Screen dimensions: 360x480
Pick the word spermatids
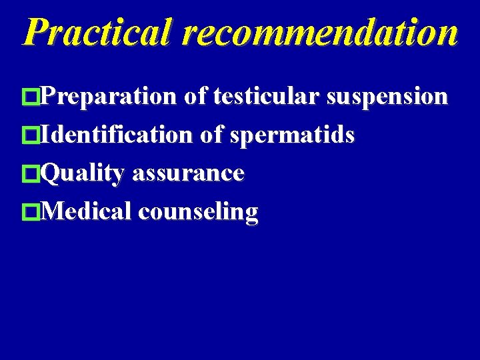click(292, 136)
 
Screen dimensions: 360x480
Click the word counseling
click(198, 213)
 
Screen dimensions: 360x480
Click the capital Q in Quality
click(51, 174)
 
